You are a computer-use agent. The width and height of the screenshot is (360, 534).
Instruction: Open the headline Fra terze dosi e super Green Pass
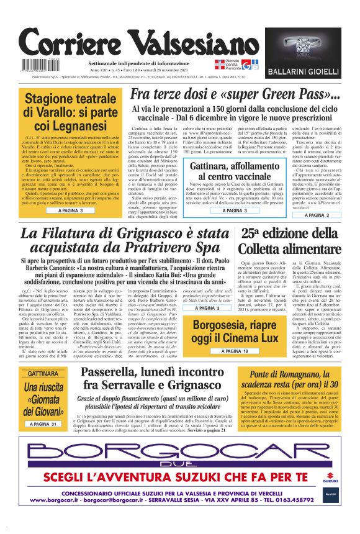coord(235,95)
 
